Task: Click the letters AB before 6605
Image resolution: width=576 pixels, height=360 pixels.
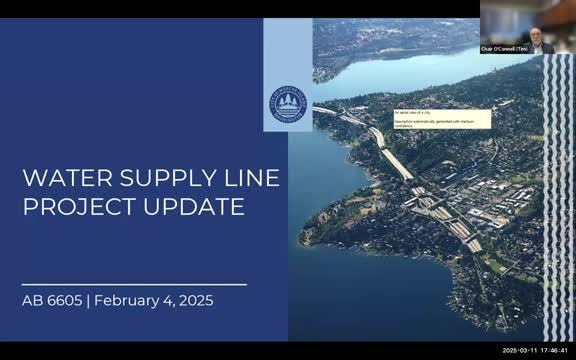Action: [32, 299]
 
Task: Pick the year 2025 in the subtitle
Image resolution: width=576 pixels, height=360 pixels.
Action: [195, 299]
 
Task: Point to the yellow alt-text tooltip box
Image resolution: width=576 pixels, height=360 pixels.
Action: [441, 118]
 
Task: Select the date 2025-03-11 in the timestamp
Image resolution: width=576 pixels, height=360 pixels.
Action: [521, 351]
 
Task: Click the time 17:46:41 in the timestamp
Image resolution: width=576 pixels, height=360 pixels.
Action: [556, 351]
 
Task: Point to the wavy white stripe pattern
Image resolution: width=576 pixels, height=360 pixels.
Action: [557, 200]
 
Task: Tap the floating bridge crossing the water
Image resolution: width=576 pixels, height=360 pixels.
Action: [340, 113]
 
